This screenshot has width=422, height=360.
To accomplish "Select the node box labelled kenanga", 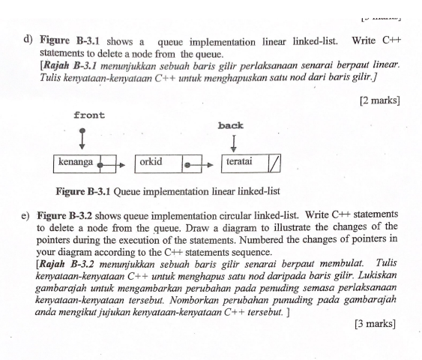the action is (78, 162).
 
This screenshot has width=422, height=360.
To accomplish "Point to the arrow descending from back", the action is (234, 143).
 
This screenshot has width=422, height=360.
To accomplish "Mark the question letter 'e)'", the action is (26, 215).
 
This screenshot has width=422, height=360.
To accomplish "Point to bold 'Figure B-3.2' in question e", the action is (67, 215).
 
